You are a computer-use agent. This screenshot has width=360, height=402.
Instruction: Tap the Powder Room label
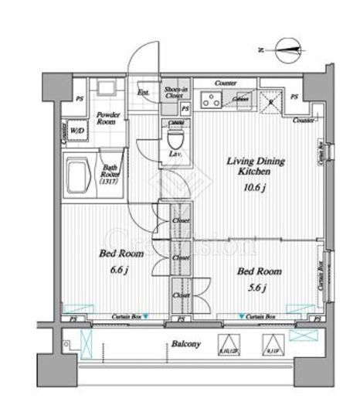[x=107, y=118]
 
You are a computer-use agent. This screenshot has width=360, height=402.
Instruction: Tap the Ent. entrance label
[x=143, y=94]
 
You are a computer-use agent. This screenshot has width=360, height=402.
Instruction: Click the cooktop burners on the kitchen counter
[x=209, y=98]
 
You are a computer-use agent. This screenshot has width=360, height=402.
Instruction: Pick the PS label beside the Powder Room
[x=80, y=97]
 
